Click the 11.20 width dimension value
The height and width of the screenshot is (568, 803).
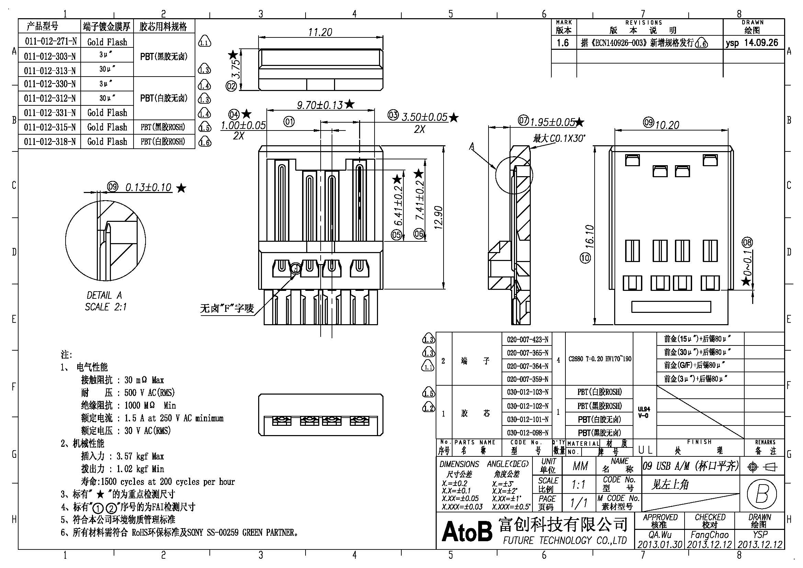click(320, 32)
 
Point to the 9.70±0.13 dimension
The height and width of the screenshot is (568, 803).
click(320, 105)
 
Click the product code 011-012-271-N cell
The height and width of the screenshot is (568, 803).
click(50, 42)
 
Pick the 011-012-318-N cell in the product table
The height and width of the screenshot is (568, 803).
click(50, 141)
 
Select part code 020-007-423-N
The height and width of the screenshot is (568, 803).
click(527, 340)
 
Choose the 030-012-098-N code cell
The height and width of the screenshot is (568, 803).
click(527, 433)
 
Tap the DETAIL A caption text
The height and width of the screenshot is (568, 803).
click(104, 295)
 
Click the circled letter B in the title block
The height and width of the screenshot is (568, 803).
click(762, 494)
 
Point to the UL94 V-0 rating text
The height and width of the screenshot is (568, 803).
click(644, 412)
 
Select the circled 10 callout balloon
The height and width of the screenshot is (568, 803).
click(585, 258)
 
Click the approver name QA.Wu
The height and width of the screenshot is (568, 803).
click(659, 535)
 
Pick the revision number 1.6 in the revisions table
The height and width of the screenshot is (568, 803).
click(563, 43)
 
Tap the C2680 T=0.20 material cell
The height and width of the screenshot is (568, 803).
click(600, 359)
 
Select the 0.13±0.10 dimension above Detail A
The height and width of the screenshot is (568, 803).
click(148, 188)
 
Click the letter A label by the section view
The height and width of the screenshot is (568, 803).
click(472, 146)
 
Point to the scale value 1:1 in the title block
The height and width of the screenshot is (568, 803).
click(578, 485)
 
